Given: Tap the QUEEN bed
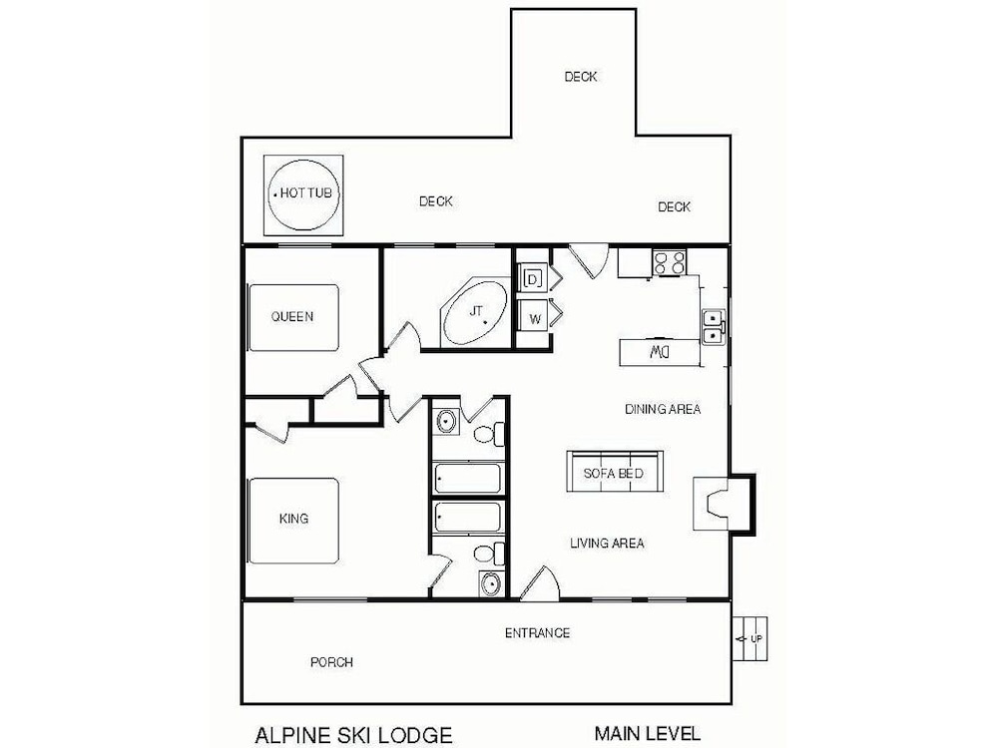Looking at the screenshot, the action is click(293, 317).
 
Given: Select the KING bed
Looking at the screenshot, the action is click(293, 521).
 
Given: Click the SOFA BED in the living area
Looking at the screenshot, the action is click(614, 472).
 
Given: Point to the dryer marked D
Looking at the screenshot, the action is click(533, 278).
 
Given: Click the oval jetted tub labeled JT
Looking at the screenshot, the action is click(475, 312).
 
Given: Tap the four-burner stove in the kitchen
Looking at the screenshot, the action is click(669, 262).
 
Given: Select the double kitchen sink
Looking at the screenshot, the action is click(714, 326).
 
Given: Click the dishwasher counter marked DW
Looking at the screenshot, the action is click(660, 352).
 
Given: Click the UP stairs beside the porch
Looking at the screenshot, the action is click(749, 638).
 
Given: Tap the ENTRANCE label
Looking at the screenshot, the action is click(537, 633).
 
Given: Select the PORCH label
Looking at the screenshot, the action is click(331, 662).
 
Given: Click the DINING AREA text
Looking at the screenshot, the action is click(663, 409).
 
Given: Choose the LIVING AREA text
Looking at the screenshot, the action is click(607, 544).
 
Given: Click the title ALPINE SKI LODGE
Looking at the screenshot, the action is click(354, 735).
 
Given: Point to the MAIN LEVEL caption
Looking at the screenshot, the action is click(648, 733).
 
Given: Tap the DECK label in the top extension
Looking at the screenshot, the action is click(581, 77).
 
